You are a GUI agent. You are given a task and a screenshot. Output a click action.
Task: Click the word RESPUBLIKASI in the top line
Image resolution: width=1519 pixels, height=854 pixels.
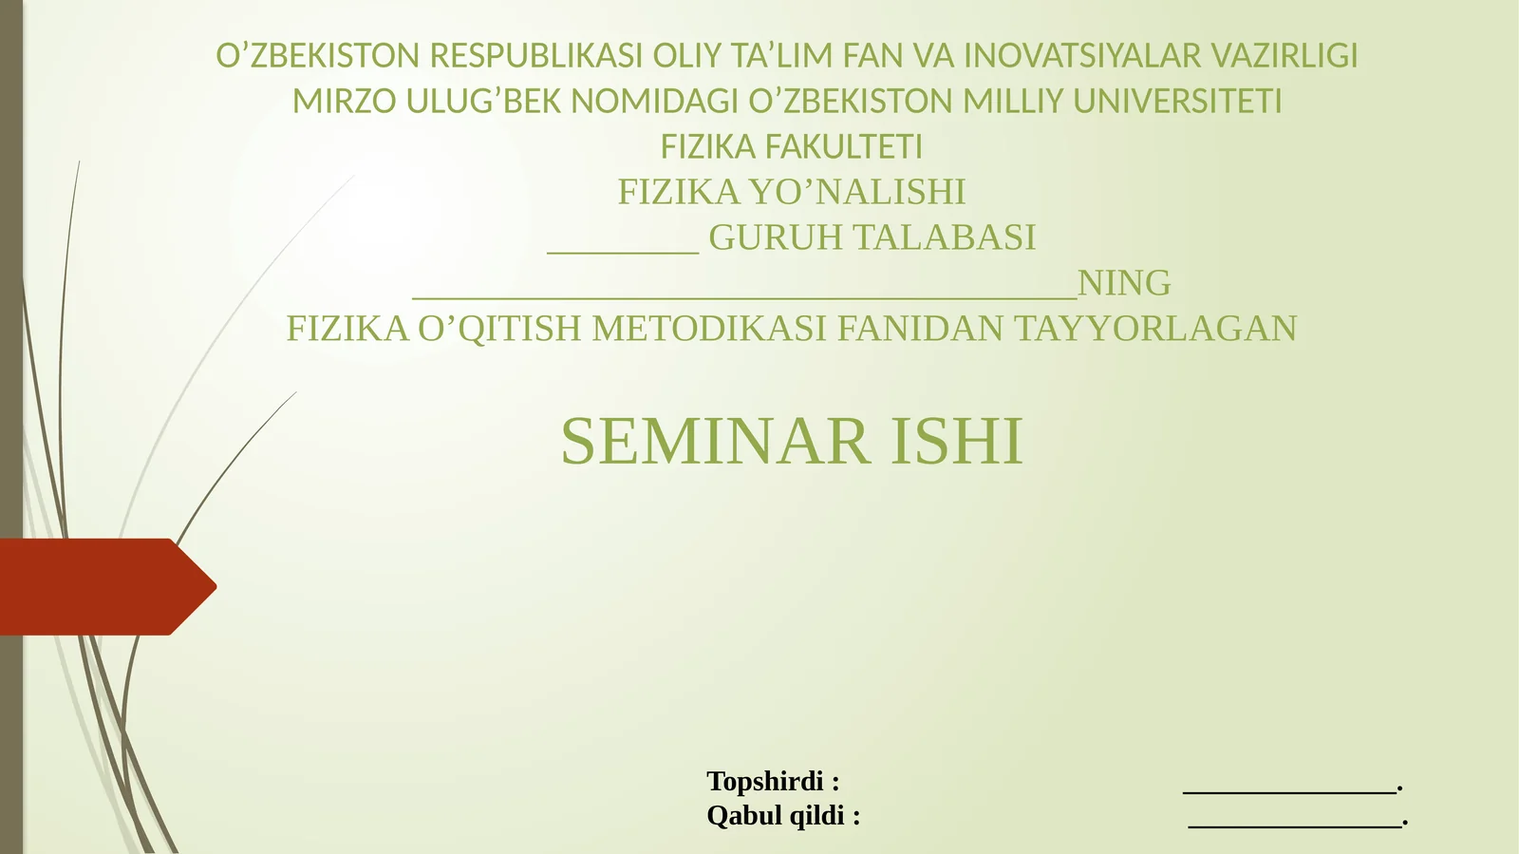pos(535,56)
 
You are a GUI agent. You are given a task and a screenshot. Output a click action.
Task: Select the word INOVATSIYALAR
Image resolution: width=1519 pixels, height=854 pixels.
pos(1082,56)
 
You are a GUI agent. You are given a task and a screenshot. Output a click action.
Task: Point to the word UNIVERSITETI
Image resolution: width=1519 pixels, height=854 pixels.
pos(1176,102)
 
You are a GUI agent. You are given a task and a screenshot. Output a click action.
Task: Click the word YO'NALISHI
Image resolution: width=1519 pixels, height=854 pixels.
pos(856,192)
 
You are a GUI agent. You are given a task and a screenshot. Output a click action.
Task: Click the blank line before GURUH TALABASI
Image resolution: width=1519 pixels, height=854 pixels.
pos(623,253)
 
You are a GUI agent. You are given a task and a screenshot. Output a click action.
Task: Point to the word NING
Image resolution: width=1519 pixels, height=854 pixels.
pos(1124,283)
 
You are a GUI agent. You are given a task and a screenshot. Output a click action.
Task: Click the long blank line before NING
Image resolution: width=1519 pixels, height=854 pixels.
pos(744,298)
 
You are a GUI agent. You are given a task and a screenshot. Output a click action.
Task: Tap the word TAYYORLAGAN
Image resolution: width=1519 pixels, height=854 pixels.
pos(1155,329)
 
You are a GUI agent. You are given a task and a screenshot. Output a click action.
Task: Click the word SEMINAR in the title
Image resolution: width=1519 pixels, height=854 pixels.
pos(716,441)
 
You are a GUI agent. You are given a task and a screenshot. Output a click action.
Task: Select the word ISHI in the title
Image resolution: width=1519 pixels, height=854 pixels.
pos(956,441)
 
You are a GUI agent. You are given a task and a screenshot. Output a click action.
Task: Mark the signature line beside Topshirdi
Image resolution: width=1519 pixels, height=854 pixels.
pos(1290,792)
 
